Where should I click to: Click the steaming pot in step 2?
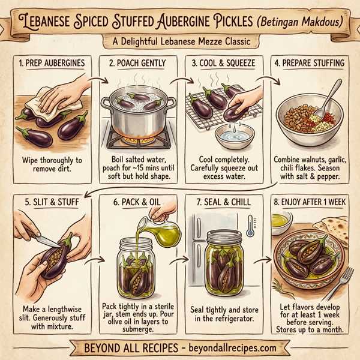click(x=137, y=110)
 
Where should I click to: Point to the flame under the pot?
click(x=139, y=133)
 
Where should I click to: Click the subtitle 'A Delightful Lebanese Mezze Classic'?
click(x=180, y=42)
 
